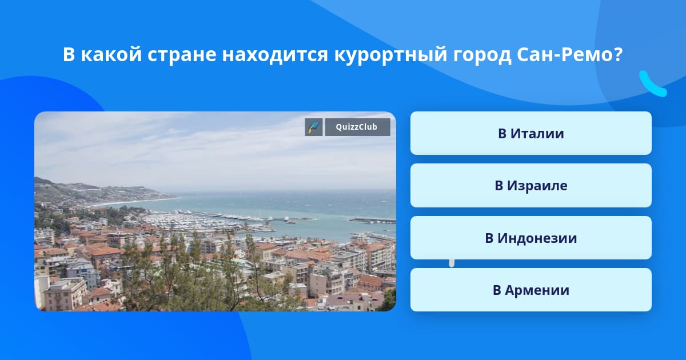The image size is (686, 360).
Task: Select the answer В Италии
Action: point(531,133)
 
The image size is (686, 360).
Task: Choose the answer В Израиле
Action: point(531,186)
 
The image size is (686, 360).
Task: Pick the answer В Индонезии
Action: point(531,238)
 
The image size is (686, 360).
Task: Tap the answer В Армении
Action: point(531,290)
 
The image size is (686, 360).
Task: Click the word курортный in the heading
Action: point(390,55)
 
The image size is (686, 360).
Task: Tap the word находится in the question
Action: point(275,55)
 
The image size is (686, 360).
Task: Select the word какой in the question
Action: point(111,54)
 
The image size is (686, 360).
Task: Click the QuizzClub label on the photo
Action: point(357,127)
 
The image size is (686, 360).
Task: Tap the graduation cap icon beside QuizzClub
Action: point(314,127)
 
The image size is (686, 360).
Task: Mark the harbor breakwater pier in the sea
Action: point(372,220)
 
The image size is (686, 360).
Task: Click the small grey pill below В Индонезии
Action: point(452,263)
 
